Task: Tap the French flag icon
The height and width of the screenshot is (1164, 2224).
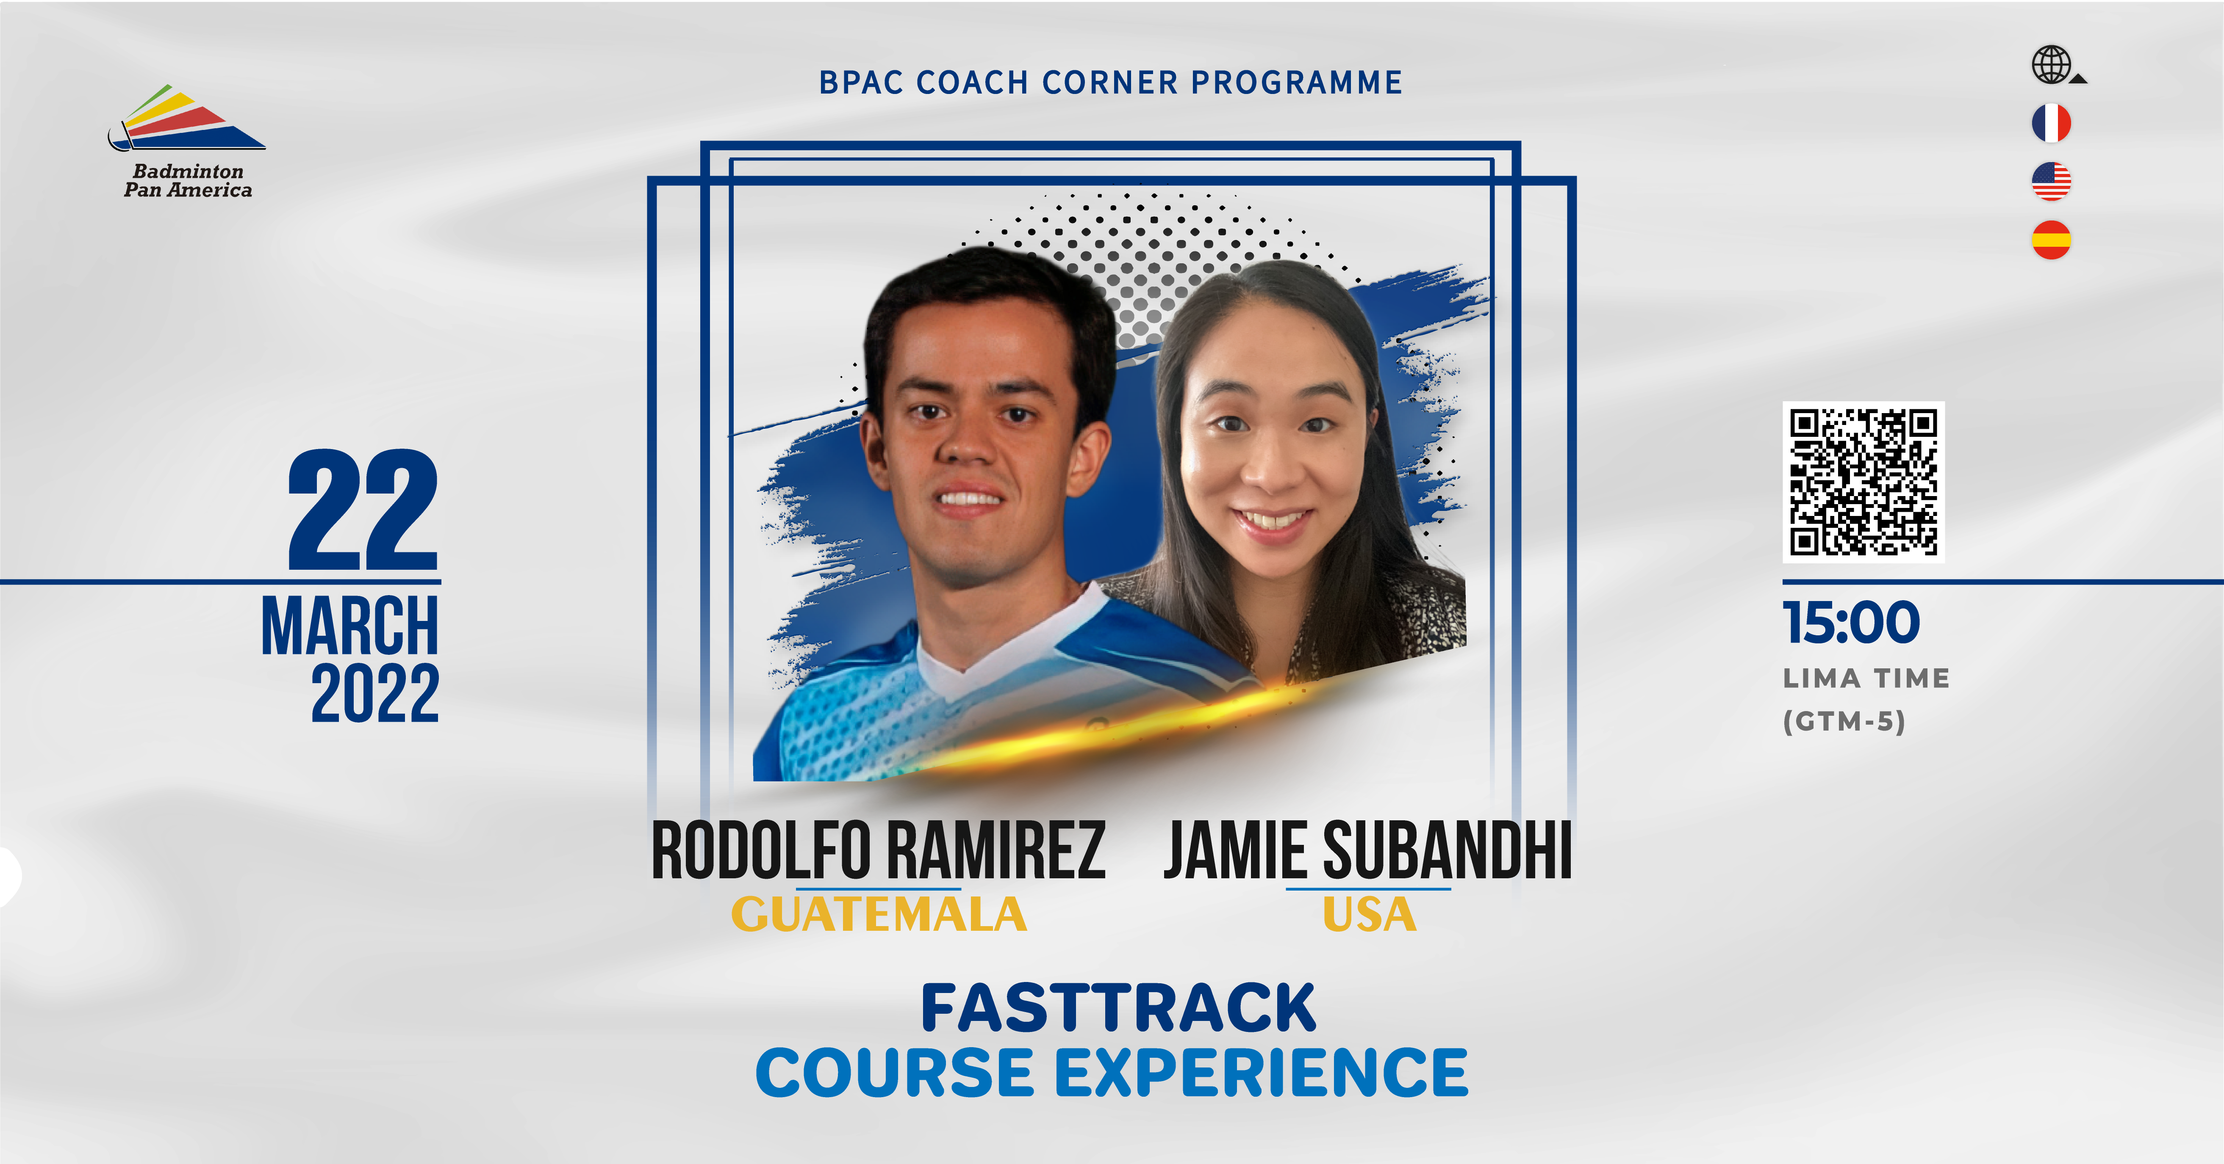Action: point(2051,122)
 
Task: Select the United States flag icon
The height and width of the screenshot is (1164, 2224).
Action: point(2051,181)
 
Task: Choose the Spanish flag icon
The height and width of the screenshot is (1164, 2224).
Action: point(2051,240)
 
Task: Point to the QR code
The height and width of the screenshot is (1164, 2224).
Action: point(1863,482)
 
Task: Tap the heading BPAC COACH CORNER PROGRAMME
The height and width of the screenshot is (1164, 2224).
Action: point(1110,82)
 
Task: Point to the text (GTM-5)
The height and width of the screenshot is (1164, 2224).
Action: point(1844,721)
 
